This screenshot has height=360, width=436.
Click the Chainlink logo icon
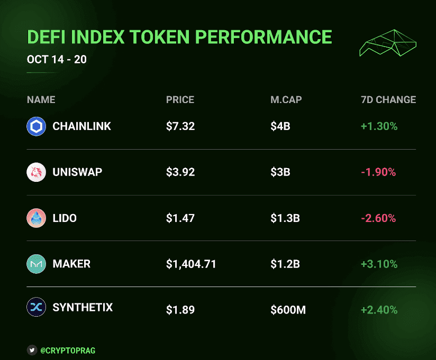(36, 126)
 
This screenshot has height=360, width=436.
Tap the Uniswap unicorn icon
(36, 172)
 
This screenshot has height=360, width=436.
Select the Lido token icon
(36, 218)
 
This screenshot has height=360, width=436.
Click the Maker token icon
(36, 264)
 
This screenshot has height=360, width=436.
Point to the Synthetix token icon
(36, 308)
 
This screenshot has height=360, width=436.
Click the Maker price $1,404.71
(191, 264)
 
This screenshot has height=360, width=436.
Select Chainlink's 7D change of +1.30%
(379, 126)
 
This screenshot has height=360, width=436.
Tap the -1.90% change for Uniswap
(378, 172)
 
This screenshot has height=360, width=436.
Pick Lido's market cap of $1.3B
(284, 218)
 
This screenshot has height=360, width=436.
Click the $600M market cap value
(288, 310)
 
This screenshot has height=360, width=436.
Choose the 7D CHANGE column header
(388, 100)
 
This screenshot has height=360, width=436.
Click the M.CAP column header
(286, 100)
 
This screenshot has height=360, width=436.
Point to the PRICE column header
(180, 100)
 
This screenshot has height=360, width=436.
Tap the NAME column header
(41, 100)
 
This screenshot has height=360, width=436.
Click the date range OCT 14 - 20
(57, 59)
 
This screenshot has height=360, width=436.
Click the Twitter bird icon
(32, 350)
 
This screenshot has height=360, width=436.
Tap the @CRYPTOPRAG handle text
(68, 350)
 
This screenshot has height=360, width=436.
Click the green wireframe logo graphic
(387, 43)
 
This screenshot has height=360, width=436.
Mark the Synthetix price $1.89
(180, 310)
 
